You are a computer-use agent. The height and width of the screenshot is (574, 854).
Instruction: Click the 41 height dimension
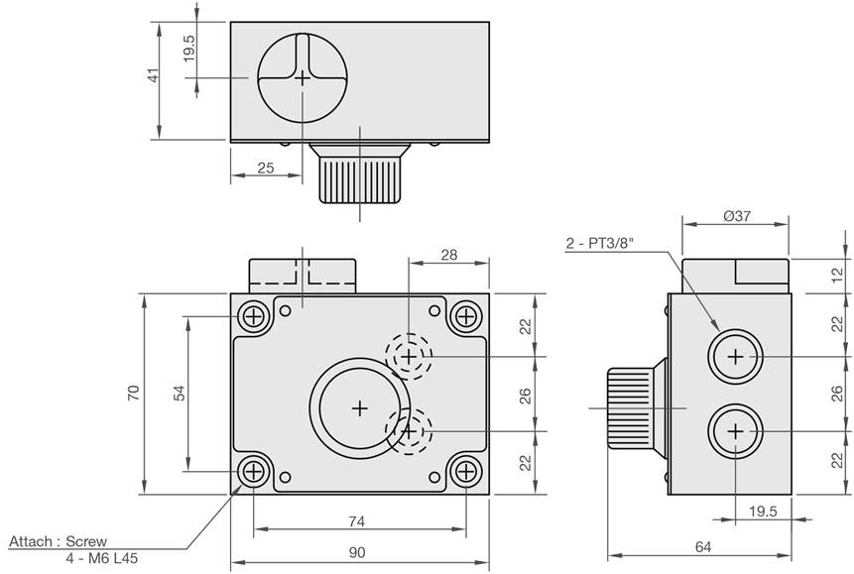155,74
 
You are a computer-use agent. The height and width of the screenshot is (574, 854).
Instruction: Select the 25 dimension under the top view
265,168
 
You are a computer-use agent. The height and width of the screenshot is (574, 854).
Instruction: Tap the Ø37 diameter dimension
737,216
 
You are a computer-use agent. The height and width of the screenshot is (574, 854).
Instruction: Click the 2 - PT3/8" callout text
600,243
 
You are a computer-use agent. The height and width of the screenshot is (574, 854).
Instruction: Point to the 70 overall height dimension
134,393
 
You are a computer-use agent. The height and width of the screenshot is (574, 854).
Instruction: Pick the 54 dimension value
180,393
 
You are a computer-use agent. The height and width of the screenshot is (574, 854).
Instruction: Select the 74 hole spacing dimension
356,521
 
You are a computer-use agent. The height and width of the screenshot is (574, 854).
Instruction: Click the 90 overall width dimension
357,553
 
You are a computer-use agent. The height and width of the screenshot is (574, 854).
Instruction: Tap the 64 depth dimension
703,547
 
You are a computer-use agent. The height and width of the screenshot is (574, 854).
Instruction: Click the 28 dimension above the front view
448,255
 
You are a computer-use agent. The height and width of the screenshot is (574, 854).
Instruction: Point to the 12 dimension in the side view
838,276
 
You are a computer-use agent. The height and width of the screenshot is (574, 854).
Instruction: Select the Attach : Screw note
59,541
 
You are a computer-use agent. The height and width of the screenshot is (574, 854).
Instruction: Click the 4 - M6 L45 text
102,558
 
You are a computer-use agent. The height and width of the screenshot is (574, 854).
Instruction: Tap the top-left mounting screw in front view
253,316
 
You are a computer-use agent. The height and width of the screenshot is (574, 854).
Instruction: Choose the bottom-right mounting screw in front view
465,471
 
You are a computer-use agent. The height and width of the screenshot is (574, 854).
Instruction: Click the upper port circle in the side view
735,357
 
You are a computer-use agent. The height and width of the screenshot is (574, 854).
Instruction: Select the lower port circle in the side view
735,431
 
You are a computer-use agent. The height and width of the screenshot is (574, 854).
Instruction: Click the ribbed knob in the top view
359,180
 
